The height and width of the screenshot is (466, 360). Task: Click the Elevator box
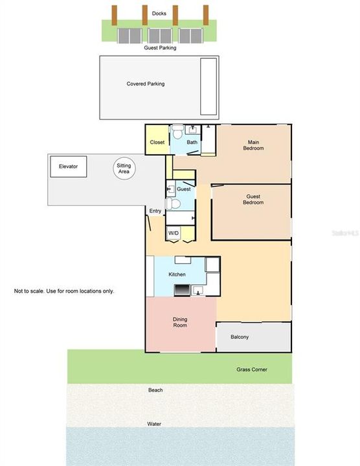pos(68,167)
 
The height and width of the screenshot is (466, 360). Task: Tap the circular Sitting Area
pos(123,169)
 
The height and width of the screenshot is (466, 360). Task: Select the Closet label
pos(157,142)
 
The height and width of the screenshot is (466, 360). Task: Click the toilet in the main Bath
pos(178,131)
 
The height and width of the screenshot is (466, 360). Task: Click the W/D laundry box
pos(174,232)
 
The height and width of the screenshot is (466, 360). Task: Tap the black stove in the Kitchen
pos(182,290)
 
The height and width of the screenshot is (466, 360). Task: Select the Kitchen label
pos(177,275)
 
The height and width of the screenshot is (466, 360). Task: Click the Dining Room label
pos(179,322)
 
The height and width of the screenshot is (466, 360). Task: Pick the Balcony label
pos(240,337)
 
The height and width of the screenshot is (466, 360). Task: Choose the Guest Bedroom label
pos(253,199)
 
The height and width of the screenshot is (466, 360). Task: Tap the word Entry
pos(155,211)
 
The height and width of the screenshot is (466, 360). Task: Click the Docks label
pos(159,13)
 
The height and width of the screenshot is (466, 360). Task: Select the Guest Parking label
pos(159,48)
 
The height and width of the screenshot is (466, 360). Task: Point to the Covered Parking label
pos(145,83)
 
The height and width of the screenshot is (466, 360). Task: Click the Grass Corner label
pos(251,370)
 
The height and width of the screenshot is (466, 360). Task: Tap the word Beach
pos(155,390)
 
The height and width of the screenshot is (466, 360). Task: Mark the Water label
pos(154,425)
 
